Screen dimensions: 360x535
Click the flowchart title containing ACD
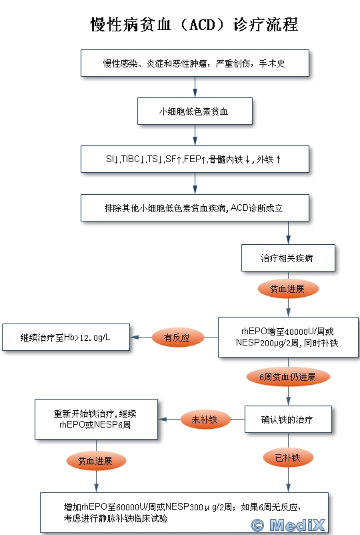(x=194, y=25)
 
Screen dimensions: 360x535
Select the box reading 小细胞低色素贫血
(x=195, y=111)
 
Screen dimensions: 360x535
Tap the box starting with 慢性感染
(x=195, y=63)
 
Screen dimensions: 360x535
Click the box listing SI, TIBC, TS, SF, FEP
(x=195, y=159)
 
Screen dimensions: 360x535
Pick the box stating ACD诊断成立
(x=195, y=207)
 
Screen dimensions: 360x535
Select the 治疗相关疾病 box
(x=288, y=258)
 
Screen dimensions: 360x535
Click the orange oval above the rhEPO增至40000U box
(x=288, y=289)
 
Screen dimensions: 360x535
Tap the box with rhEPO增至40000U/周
(x=288, y=337)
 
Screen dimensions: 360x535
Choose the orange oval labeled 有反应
(x=177, y=338)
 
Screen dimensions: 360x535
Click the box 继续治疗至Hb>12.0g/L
(x=66, y=337)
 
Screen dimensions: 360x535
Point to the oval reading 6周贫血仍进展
(x=288, y=377)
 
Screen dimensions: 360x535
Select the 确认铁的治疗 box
(x=288, y=420)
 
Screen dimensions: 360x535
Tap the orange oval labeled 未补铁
(x=205, y=420)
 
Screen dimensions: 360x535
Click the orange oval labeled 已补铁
(x=288, y=458)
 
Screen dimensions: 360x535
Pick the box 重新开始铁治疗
(x=96, y=419)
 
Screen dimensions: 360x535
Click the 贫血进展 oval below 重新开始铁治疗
(x=96, y=461)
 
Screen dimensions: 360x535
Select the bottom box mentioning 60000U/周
(x=184, y=513)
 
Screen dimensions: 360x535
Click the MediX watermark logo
(x=288, y=524)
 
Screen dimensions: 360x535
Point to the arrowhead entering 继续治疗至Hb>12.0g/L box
(x=134, y=337)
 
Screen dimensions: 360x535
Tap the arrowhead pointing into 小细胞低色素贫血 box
(x=195, y=93)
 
